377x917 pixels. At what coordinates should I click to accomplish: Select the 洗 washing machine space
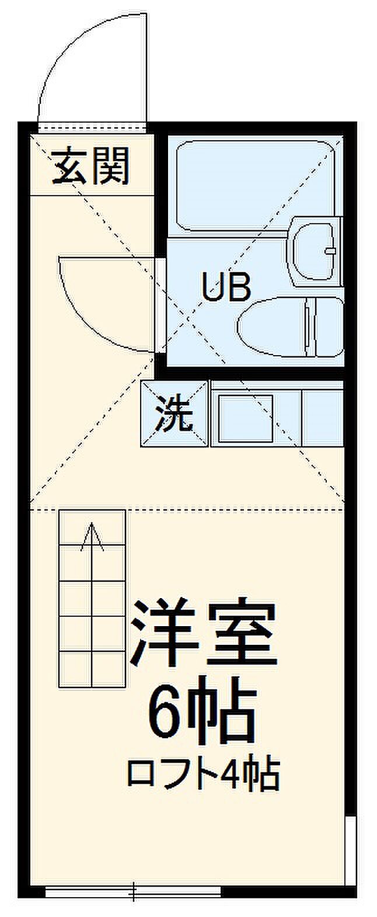pos(174,414)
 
